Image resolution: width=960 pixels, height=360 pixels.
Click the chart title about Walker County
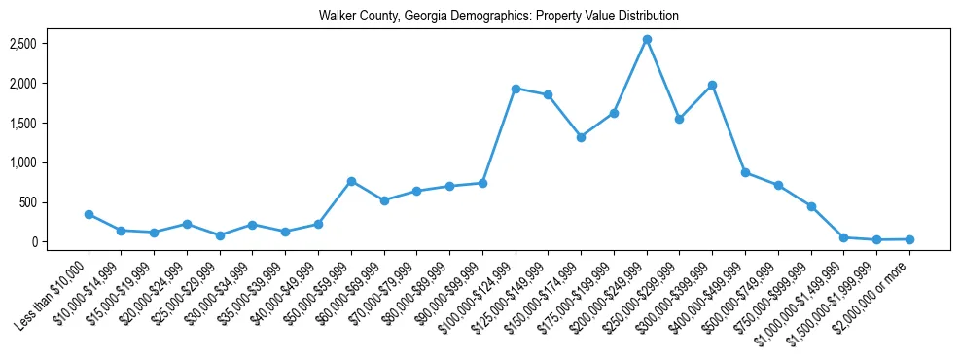(x=499, y=17)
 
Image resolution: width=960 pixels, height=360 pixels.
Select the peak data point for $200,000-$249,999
(x=647, y=39)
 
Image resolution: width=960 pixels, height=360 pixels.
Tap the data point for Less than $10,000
(x=89, y=214)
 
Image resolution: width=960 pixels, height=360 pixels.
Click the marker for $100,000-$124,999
(x=516, y=89)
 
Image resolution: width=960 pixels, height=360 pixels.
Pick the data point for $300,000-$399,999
(x=713, y=85)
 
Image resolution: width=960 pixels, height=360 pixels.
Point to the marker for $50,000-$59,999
(x=351, y=181)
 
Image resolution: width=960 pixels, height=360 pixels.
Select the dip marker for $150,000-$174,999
(x=581, y=137)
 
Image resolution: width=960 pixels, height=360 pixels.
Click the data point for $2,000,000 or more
(x=909, y=239)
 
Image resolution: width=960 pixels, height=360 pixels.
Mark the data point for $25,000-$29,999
(x=220, y=235)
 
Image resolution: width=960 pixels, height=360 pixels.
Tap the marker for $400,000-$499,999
(x=745, y=172)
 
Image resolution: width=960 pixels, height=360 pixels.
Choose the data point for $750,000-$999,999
(x=811, y=206)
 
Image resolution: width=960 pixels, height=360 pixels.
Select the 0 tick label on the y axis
(x=61, y=242)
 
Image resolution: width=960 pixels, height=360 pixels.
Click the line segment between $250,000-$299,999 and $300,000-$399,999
(x=696, y=102)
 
